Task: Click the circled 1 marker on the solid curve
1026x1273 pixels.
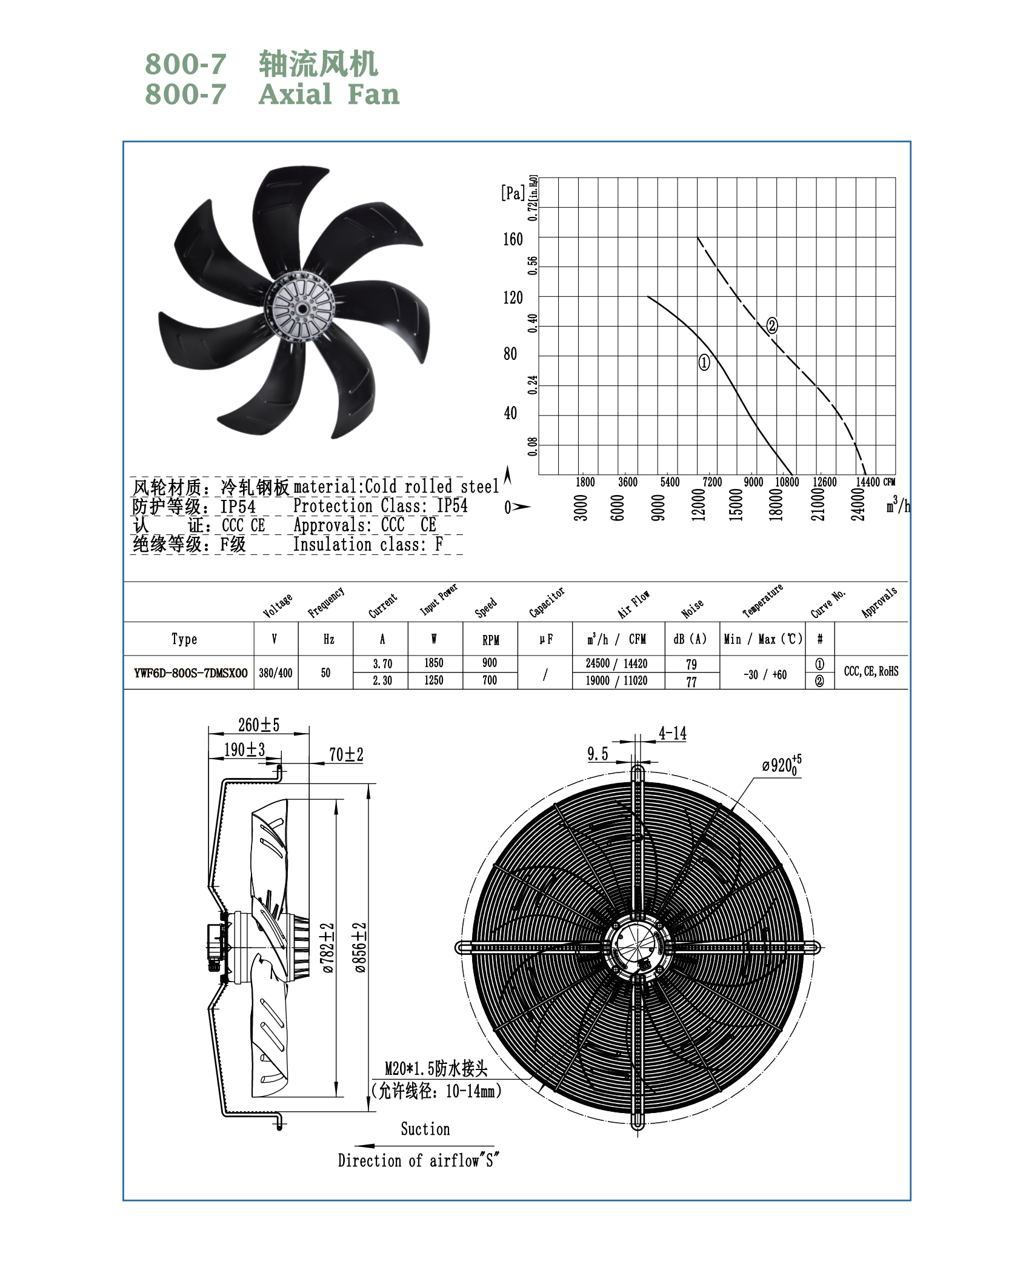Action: point(704,362)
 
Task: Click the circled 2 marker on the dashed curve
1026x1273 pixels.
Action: point(772,325)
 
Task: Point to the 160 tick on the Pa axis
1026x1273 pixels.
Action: point(513,239)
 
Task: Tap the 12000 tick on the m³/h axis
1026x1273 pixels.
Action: point(699,504)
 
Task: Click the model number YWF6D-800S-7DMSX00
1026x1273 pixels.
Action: point(191,673)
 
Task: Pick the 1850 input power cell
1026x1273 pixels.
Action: point(434,663)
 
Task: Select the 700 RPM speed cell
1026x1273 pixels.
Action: point(490,680)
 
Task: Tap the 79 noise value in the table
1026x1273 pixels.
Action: point(691,664)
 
